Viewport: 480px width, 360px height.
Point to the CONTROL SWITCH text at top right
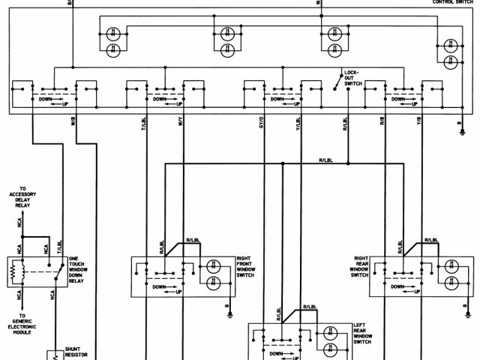pos(453,2)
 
